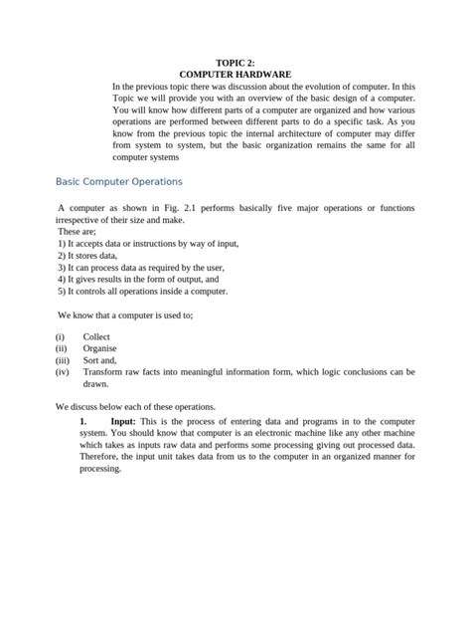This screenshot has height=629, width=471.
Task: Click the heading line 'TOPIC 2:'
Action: coord(235,63)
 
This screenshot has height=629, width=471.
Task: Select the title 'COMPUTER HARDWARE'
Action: coord(235,75)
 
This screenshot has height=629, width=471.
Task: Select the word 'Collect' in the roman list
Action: coord(96,336)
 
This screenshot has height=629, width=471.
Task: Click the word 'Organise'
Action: coord(100,348)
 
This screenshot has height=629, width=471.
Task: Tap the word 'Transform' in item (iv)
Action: coord(105,372)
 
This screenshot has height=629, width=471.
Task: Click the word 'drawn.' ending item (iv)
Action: coord(96,384)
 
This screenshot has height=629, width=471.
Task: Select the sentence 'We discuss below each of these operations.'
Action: coord(135,407)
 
